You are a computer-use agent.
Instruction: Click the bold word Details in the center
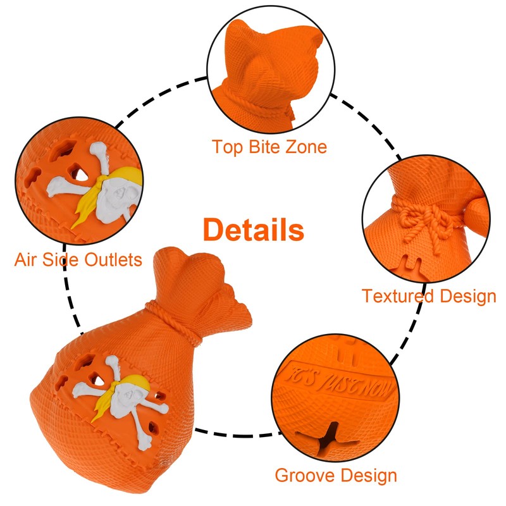(253, 230)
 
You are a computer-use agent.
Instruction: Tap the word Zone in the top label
(307, 147)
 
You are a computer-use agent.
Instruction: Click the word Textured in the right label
(397, 296)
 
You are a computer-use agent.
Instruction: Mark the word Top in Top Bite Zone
(226, 147)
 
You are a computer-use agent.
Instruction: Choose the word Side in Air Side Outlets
(63, 259)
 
